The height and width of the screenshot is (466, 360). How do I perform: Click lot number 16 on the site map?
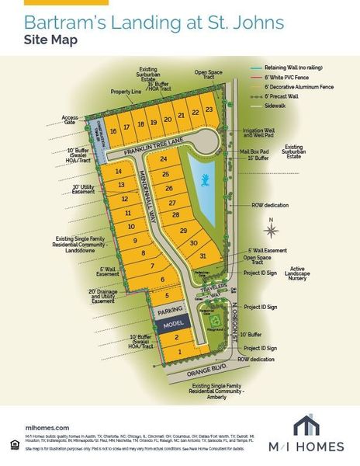(113, 130)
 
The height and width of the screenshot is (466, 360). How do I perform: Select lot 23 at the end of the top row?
(209, 110)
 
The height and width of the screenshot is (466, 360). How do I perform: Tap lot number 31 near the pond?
(202, 256)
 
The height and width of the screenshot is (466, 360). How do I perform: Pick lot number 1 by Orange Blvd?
(181, 352)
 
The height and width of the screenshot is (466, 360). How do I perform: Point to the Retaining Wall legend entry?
(302, 68)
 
